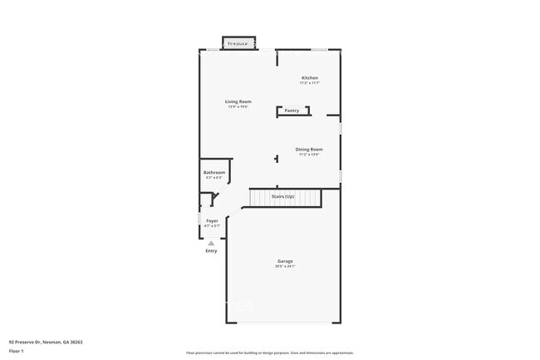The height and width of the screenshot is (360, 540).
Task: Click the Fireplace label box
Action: [x=238, y=43]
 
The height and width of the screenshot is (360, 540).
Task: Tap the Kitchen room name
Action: [x=309, y=78]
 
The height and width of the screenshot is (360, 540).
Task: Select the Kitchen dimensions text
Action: [x=309, y=83]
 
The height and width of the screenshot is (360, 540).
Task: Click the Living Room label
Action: [x=238, y=101]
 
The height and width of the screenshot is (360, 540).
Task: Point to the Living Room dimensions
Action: [x=238, y=106]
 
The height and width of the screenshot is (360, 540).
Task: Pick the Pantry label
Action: [x=292, y=111]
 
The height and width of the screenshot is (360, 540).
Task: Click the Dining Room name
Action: [x=308, y=149]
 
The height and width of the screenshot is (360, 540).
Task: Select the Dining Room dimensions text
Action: [x=308, y=154]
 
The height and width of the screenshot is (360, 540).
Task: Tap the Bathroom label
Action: [x=214, y=172]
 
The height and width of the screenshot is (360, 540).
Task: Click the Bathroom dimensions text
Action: [x=214, y=177]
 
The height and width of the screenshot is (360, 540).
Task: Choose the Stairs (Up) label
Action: [x=283, y=196]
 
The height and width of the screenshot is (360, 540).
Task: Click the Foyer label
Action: [x=213, y=220]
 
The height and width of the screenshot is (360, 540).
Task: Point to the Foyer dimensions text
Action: [x=213, y=225]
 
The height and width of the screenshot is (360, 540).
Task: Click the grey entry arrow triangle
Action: [x=211, y=243]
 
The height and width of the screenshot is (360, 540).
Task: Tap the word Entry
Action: [x=211, y=250]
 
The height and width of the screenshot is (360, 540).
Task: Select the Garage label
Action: [x=285, y=261]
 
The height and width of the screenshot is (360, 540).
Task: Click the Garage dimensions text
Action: [x=285, y=266]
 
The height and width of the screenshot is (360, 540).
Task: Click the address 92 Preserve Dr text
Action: [x=46, y=342]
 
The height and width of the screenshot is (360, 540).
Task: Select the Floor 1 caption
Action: [x=17, y=351]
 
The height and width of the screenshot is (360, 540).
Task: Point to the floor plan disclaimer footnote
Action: [x=269, y=353]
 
